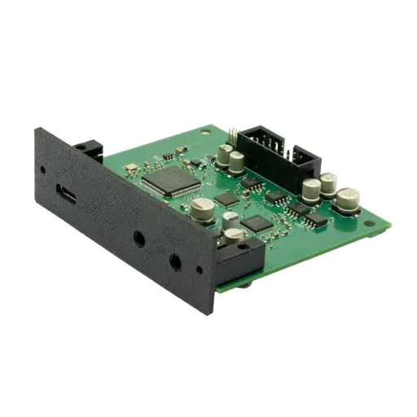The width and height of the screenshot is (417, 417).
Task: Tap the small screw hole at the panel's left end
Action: tap(42, 169)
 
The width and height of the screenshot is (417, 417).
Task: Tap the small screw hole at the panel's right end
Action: tap(197, 270)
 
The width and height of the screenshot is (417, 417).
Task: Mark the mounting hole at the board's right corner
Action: tap(383, 220)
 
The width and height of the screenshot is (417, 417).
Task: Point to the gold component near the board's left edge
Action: tap(129, 168)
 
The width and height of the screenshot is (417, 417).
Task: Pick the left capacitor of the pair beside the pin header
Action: tap(223, 154)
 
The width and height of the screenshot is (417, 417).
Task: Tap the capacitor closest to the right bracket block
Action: tap(234, 236)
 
